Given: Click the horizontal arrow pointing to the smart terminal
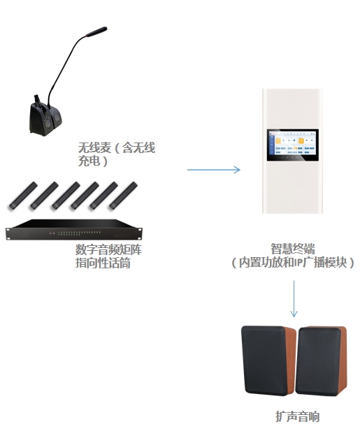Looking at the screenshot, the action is tap(213, 170).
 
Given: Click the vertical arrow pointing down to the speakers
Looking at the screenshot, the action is tap(294, 299).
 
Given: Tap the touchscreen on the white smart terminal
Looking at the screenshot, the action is tap(293, 145).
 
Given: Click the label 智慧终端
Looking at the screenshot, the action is tap(293, 249).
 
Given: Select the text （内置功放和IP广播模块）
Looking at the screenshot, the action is tap(293, 263).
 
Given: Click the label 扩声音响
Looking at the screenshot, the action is tap(297, 416).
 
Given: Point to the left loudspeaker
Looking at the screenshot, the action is tap(268, 361).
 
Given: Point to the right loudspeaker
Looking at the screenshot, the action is tap(322, 361).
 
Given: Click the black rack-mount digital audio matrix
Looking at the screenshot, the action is tap(74, 230).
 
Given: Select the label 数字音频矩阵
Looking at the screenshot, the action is tap(108, 249).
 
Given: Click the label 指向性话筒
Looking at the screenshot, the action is tap(103, 263).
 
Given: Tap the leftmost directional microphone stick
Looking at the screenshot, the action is tap(23, 196).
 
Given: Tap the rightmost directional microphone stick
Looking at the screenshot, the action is tap(123, 196).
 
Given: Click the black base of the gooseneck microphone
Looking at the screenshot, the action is tap(45, 119).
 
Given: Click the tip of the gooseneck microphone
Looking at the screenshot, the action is tap(106, 28).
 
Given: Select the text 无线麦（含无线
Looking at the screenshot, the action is tap(117, 147).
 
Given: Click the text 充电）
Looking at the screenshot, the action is tap(93, 161).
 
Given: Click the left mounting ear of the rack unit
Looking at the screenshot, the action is tap(9, 233).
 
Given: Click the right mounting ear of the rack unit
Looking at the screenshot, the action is tap(140, 233).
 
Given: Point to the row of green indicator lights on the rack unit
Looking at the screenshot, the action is tap(80, 233).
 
